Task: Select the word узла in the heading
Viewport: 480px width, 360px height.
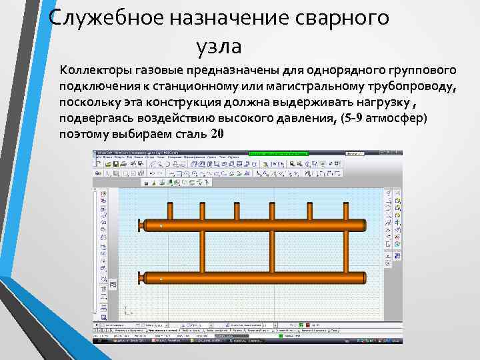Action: point(218,46)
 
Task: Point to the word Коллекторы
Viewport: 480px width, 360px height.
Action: point(93,71)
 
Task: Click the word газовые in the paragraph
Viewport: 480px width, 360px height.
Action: point(154,71)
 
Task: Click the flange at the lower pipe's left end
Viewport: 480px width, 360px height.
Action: point(140,277)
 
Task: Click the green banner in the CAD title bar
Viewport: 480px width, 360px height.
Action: point(279,153)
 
